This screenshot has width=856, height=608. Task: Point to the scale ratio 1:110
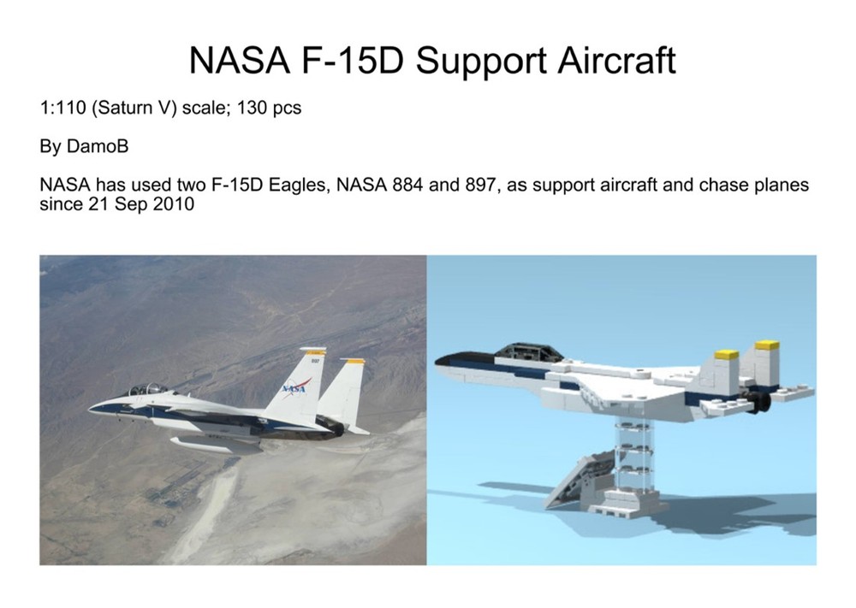click(62, 109)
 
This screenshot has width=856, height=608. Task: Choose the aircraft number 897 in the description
click(479, 186)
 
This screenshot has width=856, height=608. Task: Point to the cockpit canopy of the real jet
click(147, 389)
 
